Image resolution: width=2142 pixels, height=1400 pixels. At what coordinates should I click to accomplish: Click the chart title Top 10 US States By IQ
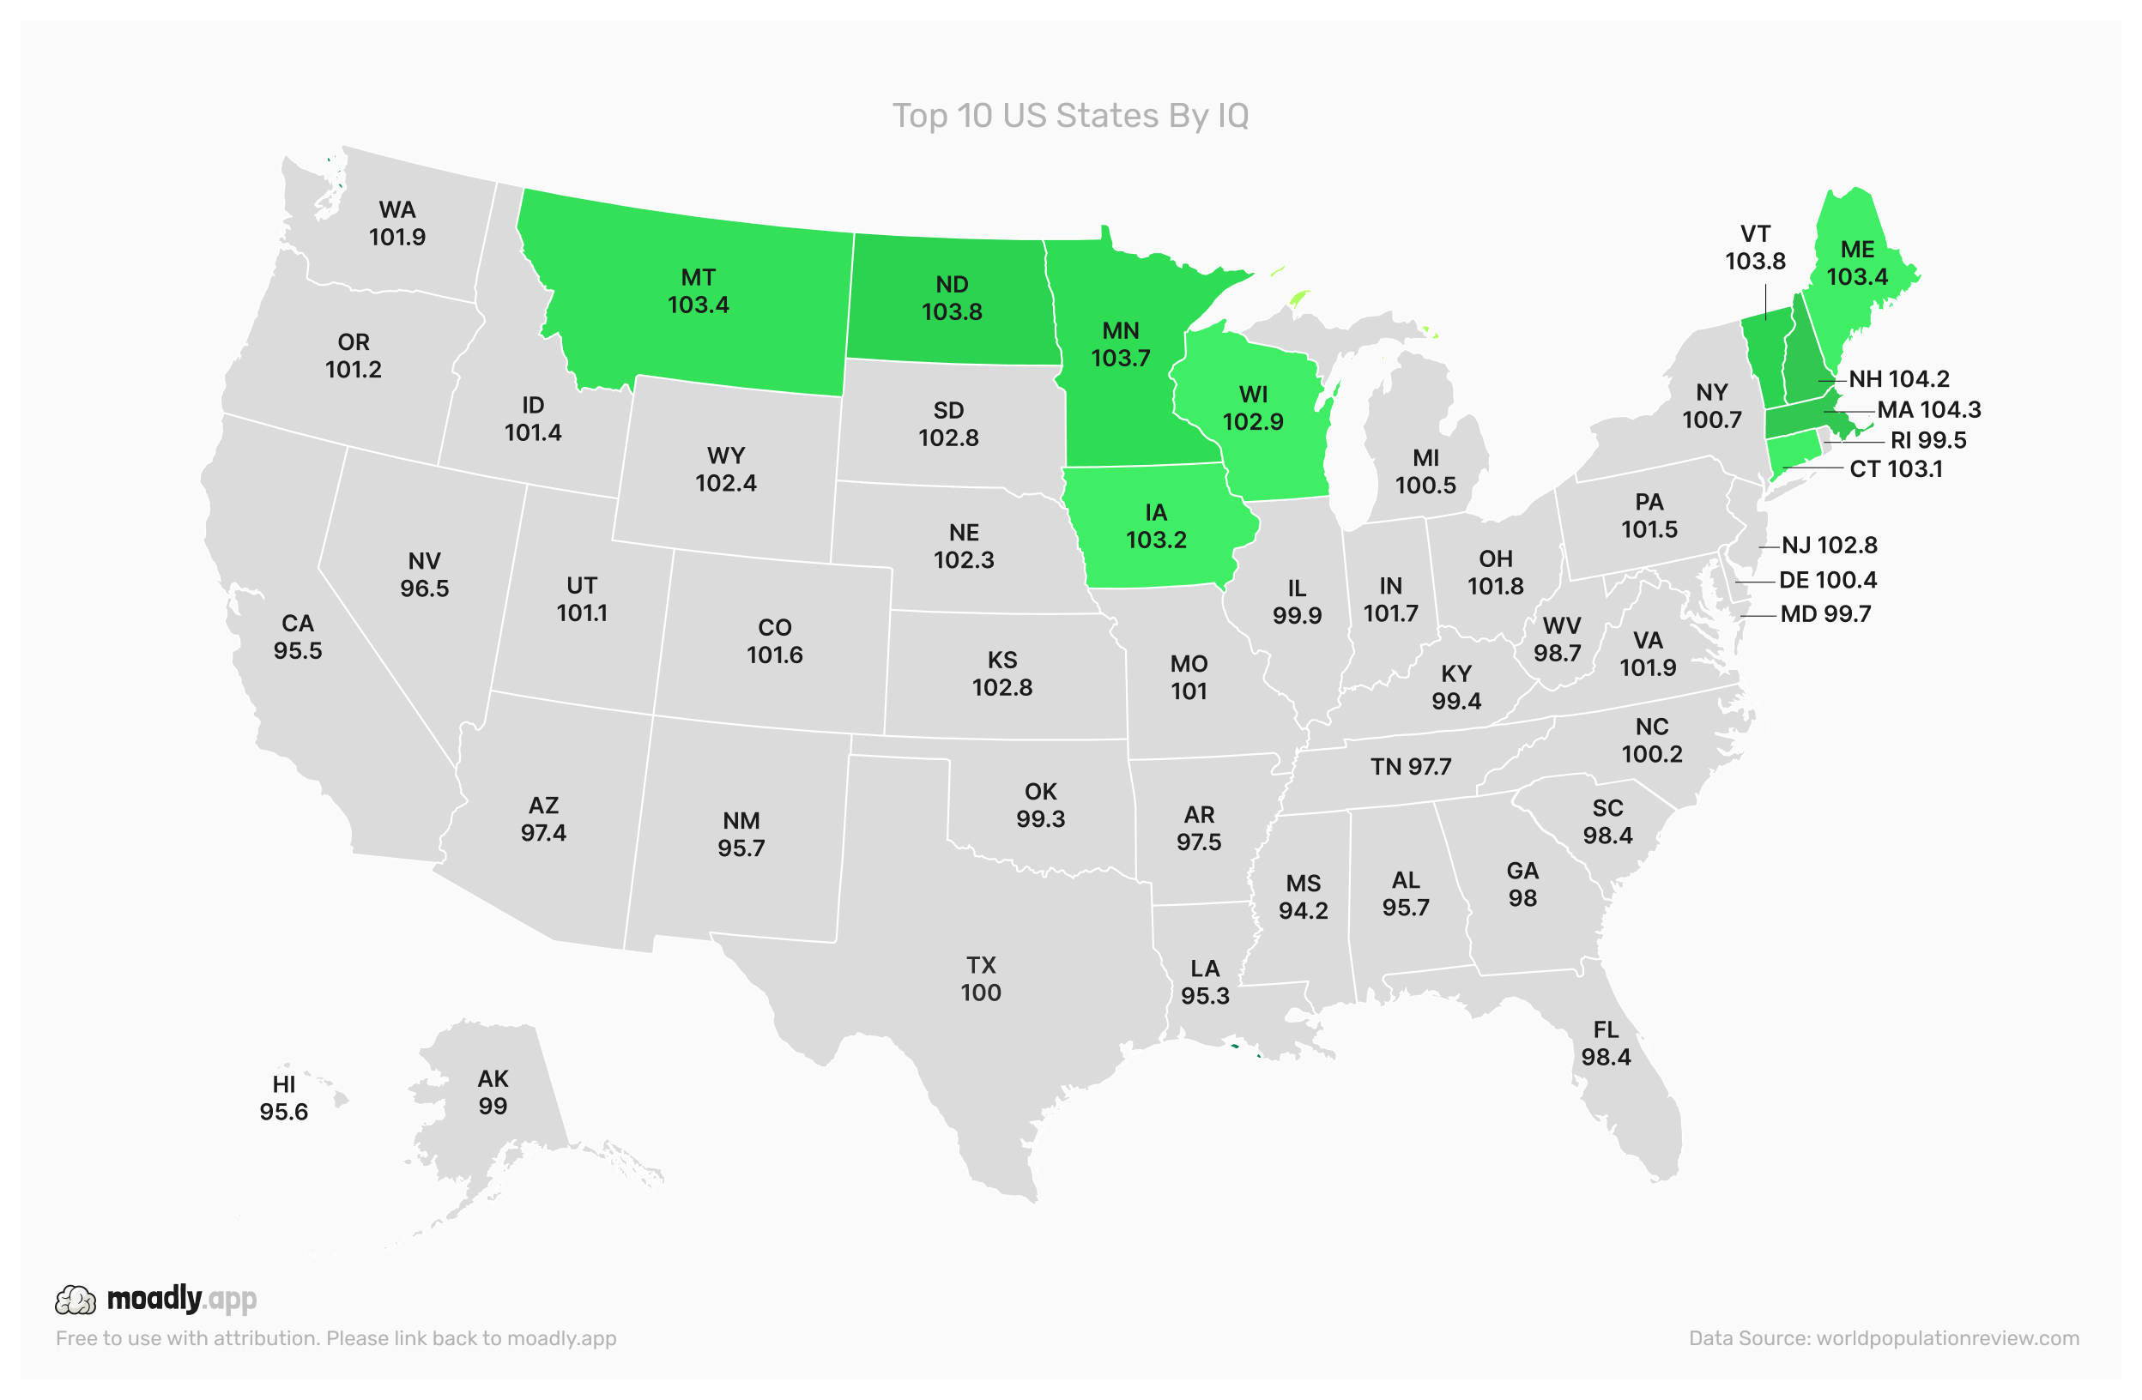tap(1070, 116)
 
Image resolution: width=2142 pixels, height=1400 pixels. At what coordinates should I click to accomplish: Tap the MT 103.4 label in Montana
tap(699, 292)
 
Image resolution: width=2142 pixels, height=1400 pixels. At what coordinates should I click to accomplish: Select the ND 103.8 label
tap(952, 298)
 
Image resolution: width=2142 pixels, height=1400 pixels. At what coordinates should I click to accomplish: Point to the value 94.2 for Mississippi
tap(1304, 910)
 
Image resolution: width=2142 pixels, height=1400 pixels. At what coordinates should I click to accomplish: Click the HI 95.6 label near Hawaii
tap(283, 1098)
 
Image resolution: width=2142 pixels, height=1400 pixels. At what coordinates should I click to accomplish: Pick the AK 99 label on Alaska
tap(493, 1092)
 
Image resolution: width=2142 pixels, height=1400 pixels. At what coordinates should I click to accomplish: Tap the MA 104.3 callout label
tap(1927, 410)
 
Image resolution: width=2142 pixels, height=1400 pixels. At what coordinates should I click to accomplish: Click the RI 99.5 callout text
tap(1927, 441)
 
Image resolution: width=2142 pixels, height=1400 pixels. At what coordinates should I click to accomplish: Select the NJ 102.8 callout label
tap(1829, 546)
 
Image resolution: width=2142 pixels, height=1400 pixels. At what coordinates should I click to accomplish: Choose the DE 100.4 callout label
tap(1827, 581)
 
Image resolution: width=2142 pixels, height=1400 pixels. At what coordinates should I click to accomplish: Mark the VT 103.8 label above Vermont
tap(1755, 247)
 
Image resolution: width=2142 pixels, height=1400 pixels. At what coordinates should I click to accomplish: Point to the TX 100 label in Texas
tap(980, 979)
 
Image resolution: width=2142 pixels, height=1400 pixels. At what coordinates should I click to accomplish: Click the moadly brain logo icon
tap(76, 1300)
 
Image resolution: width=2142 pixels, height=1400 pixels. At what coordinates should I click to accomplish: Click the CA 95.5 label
tap(298, 637)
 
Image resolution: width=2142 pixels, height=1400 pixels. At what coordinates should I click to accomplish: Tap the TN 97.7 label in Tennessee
tap(1410, 767)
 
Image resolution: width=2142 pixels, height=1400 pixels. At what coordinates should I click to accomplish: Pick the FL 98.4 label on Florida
tap(1606, 1044)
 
